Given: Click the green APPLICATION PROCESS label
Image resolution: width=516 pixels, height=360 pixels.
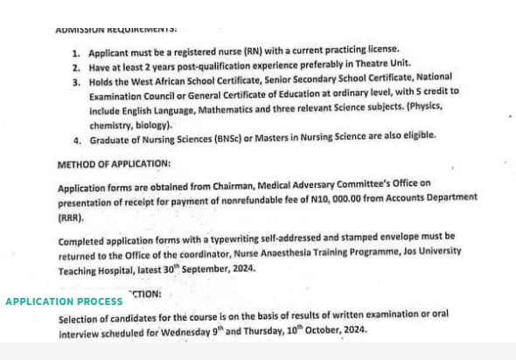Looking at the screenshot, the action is [x=64, y=301].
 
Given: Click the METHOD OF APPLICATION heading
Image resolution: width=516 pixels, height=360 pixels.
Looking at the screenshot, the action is [x=115, y=163].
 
